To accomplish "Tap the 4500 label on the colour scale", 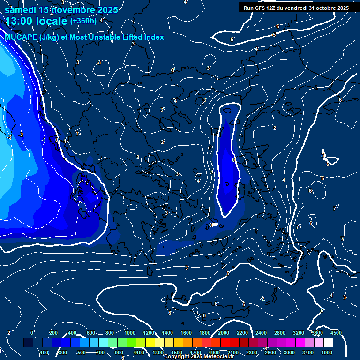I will click(x=336, y=332).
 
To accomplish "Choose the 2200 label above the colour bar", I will click(x=242, y=332).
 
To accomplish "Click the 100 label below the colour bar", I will click(x=44, y=352).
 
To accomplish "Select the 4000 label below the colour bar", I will click(x=327, y=352).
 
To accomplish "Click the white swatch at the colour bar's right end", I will click(x=328, y=343).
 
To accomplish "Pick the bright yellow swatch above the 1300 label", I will click(x=159, y=343).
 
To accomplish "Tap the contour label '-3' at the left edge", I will click(x=8, y=137).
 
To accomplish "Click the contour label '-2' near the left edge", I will click(x=21, y=135).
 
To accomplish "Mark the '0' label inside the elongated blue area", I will click(x=233, y=160).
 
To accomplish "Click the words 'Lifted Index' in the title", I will click(x=140, y=37).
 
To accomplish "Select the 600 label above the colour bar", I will click(x=91, y=332).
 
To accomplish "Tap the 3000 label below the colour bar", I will click(x=289, y=352).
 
